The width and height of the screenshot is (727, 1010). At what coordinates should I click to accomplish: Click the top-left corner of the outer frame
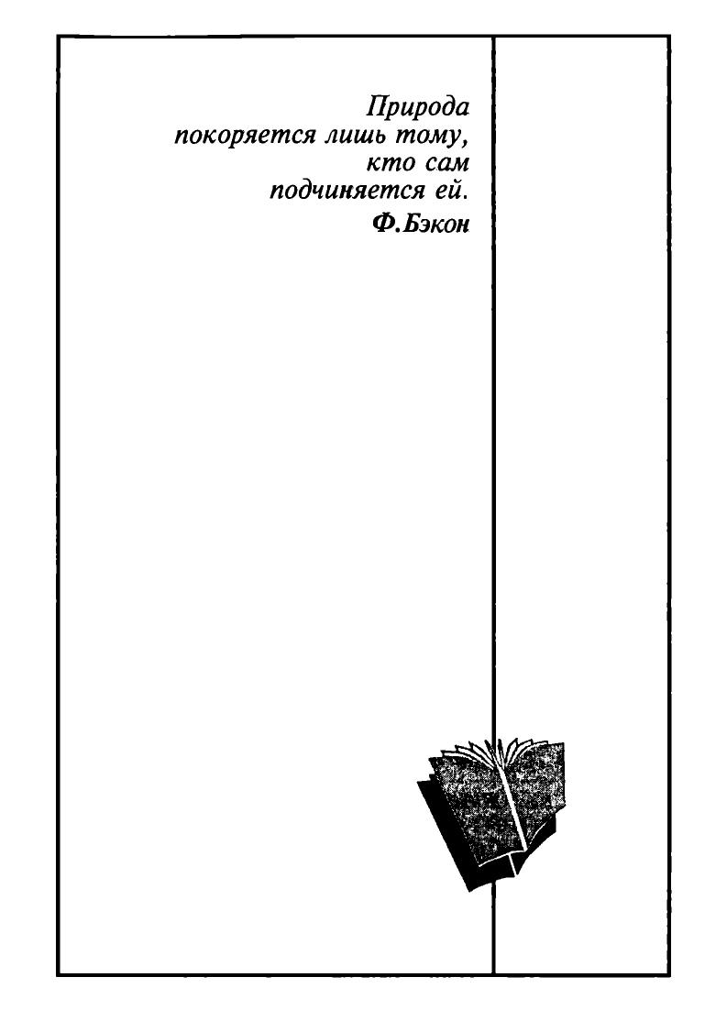tap(58, 36)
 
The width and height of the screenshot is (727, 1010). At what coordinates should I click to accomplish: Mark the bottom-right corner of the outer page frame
tap(669, 974)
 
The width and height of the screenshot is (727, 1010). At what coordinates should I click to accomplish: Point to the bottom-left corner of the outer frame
tap(58, 974)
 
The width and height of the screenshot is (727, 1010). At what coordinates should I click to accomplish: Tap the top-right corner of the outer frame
tap(669, 36)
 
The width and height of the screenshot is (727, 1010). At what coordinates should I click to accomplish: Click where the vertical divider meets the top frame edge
tap(494, 36)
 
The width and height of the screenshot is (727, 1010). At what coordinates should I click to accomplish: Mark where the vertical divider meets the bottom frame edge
tap(494, 974)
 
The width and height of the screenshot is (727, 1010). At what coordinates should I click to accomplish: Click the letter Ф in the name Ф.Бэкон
tap(382, 224)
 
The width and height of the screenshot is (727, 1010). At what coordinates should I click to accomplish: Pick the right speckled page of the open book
tap(535, 792)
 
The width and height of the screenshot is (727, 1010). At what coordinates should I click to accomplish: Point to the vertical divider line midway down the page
tap(494, 506)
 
